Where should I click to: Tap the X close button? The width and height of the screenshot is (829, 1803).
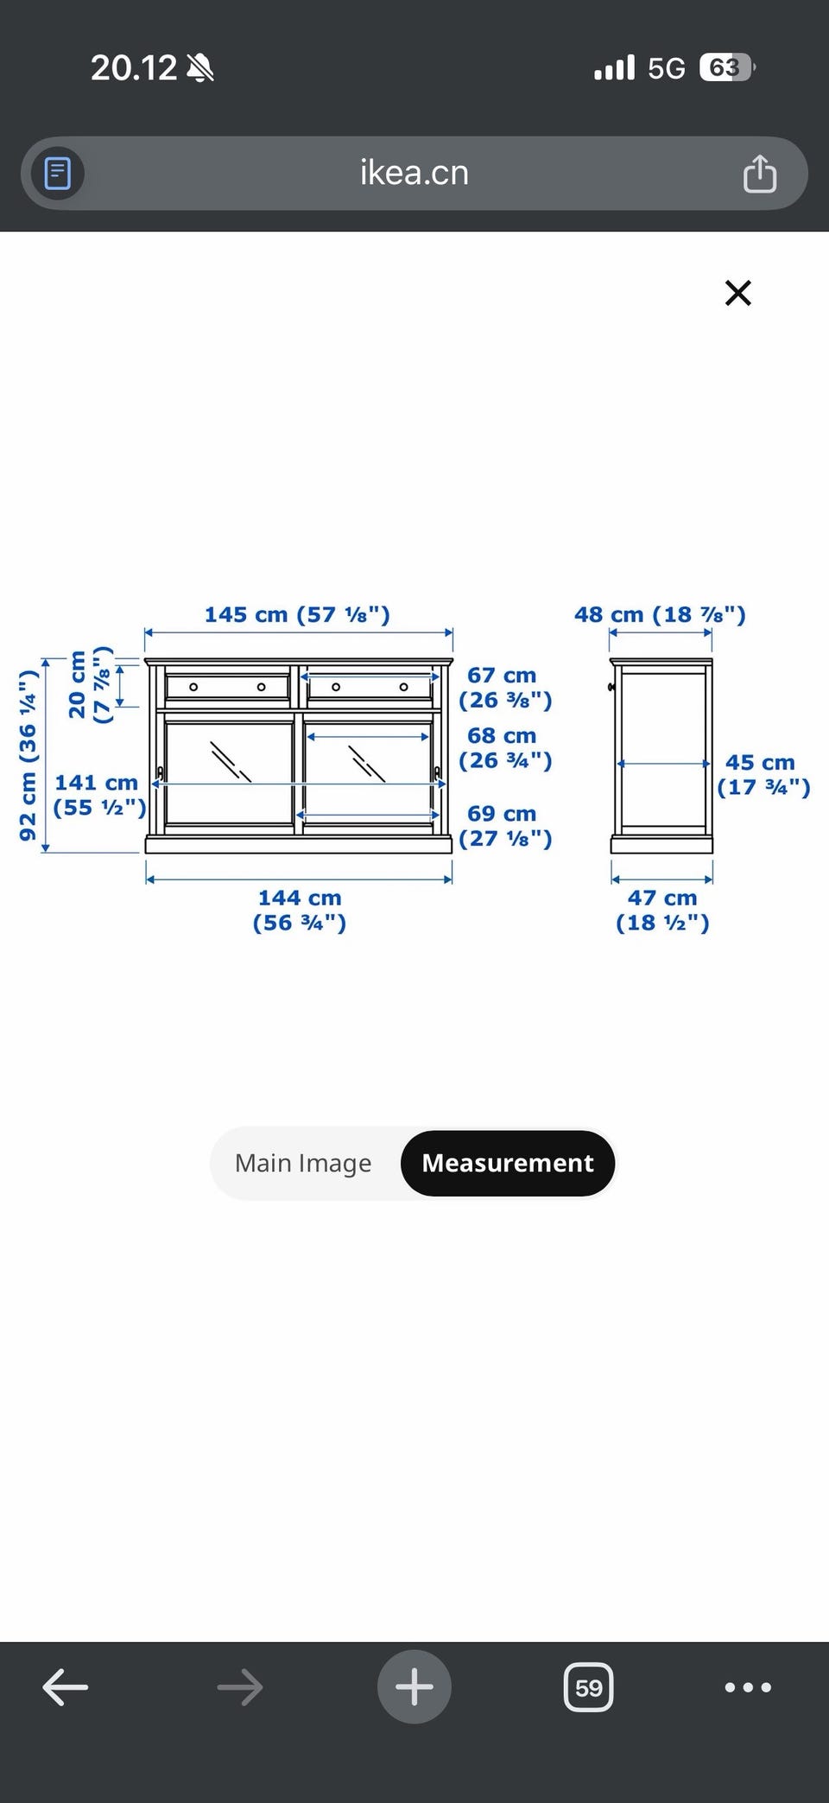738,293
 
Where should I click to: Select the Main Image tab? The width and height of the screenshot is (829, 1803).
303,1163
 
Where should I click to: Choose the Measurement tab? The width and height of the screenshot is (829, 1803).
508,1163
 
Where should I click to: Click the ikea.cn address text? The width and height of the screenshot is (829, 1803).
414,173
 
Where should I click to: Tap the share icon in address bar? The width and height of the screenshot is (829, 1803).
760,173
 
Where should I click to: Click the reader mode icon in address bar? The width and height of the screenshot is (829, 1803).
58,173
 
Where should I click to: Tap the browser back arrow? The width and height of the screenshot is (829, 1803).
66,1686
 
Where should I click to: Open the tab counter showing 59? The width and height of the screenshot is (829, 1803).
589,1686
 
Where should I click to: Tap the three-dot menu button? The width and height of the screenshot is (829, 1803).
748,1686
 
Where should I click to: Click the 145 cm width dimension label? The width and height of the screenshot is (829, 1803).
297,614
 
